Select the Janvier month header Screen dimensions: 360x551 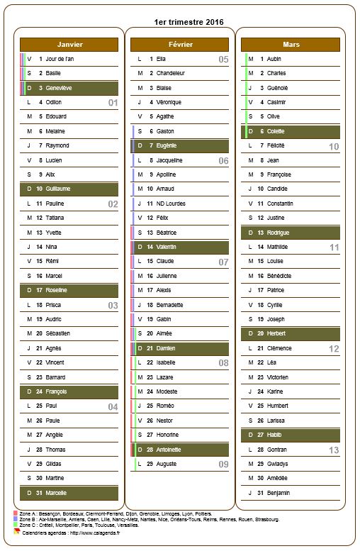click(69, 44)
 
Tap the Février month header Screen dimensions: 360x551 click(181, 44)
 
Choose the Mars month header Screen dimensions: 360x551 click(291, 44)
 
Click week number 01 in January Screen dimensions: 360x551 click(112, 103)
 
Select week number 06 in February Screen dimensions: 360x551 click(223, 161)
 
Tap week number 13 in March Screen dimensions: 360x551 click(334, 450)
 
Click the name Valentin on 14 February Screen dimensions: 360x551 click(167, 247)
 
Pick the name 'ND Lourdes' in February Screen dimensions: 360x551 click(171, 204)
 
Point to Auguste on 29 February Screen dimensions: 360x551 click(167, 464)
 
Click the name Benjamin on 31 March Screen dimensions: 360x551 click(279, 493)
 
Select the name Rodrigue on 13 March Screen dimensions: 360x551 click(279, 233)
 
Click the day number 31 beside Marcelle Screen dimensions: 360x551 click(40, 493)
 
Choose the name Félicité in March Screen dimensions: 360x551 click(276, 145)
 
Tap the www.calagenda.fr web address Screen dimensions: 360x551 click(84, 531)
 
